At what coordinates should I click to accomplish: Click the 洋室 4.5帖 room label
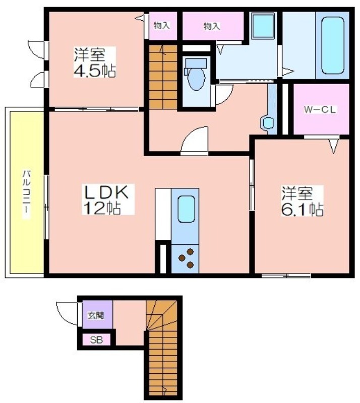[95, 62]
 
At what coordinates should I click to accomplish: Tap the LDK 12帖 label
[108, 199]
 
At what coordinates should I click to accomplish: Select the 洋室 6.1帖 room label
[302, 201]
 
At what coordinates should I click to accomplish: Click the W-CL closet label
[320, 110]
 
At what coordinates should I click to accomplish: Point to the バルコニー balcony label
[27, 194]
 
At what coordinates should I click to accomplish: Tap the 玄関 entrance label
[96, 315]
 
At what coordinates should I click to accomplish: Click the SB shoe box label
[96, 340]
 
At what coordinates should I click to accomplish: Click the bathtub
[333, 45]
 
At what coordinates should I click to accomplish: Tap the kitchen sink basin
[186, 209]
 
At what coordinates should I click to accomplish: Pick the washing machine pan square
[263, 26]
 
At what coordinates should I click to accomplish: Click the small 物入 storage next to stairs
[162, 26]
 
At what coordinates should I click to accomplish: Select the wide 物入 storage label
[212, 26]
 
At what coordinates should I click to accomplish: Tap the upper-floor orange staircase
[163, 77]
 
